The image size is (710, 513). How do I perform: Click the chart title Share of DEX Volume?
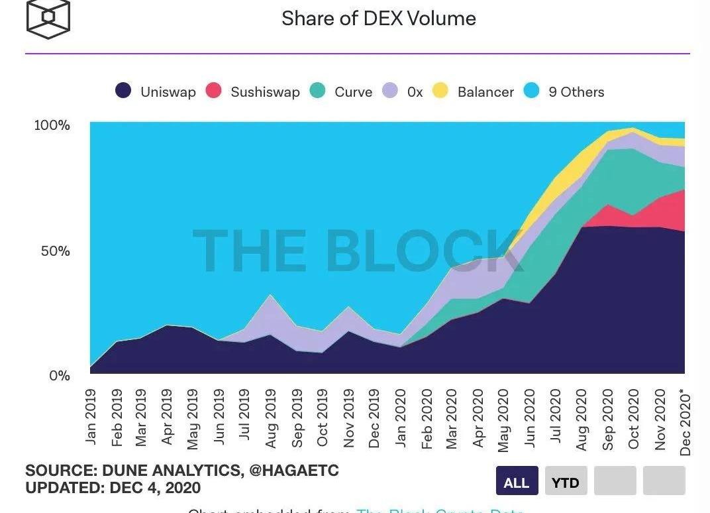(x=378, y=19)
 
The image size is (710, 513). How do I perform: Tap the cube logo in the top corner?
(x=48, y=18)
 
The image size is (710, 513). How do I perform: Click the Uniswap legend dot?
(x=123, y=91)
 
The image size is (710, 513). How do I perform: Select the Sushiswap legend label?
(x=265, y=92)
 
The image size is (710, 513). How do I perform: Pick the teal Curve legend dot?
(x=317, y=91)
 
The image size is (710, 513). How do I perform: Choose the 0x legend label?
(x=415, y=92)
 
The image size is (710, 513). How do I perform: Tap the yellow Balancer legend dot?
(x=440, y=91)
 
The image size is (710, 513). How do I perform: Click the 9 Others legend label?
(x=576, y=92)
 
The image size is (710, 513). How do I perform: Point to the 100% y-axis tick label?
(x=52, y=125)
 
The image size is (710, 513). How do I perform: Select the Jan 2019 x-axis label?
(x=91, y=416)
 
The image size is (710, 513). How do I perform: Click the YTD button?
(x=566, y=483)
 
